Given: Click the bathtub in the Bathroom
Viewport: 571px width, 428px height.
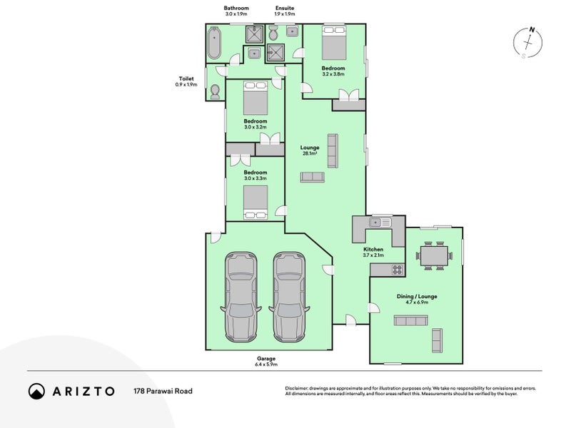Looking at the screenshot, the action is [213, 44].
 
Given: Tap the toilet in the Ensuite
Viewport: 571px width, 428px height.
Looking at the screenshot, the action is [273, 34].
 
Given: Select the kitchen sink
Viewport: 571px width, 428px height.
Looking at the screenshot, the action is [380, 222].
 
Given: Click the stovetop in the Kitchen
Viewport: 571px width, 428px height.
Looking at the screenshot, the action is [398, 270].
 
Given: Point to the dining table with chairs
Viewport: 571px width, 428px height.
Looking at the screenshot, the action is [434, 255].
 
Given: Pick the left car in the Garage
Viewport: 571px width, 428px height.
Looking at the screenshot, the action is [241, 297].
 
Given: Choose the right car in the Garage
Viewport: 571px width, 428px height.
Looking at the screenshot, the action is [289, 297].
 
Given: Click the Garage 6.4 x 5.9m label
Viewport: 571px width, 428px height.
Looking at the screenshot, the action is [266, 362].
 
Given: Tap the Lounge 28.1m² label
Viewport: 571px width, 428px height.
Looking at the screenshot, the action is [310, 151].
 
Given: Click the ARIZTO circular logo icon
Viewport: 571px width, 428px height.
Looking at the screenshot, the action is [36, 391].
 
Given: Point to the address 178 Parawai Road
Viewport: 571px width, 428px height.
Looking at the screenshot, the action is [163, 391].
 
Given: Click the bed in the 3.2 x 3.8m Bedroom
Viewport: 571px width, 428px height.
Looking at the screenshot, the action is [333, 43].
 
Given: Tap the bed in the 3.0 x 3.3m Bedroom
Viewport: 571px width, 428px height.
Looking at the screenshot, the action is [256, 203].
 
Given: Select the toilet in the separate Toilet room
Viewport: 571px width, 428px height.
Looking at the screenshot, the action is [216, 92].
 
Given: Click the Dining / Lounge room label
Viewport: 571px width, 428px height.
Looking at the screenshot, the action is [417, 296].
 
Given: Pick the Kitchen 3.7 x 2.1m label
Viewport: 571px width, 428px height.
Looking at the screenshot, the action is [373, 253].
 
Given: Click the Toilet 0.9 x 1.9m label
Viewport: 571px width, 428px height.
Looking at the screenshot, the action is [186, 81].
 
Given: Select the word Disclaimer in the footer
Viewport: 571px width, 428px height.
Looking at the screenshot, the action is [297, 389].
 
